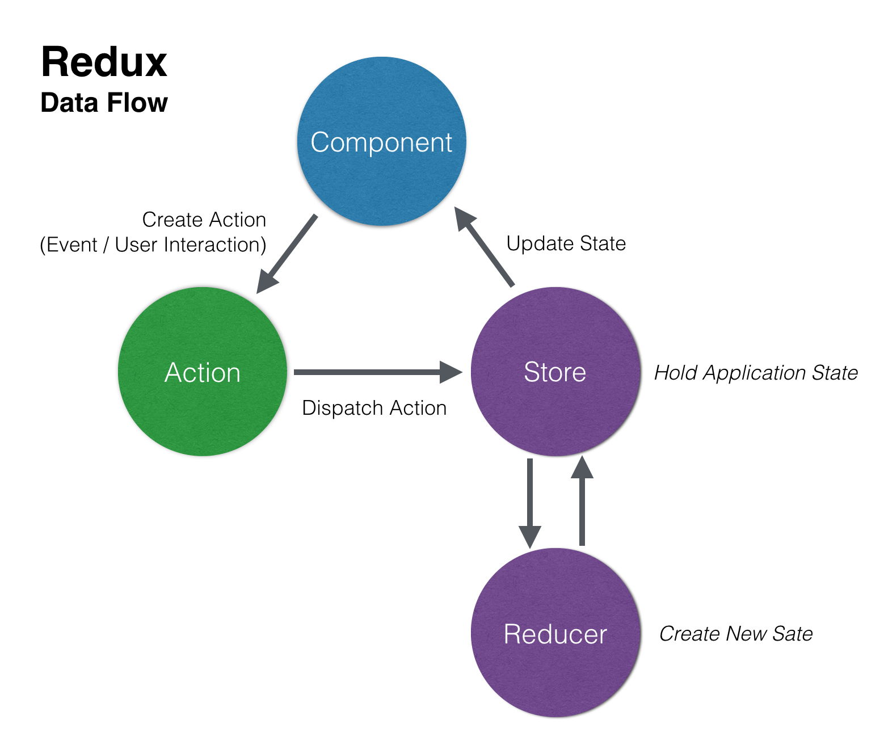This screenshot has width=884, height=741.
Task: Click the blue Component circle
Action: click(x=381, y=141)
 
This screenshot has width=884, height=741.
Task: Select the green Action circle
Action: click(x=203, y=372)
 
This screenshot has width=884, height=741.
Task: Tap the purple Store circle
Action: click(x=555, y=372)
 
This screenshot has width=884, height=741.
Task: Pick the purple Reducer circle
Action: click(x=555, y=633)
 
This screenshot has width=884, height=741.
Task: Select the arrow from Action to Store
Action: click(x=374, y=372)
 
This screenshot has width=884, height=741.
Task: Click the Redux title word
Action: click(x=104, y=62)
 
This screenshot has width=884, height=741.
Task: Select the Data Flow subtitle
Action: click(x=104, y=103)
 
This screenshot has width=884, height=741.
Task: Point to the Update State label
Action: click(x=566, y=243)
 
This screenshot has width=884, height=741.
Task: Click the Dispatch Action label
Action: click(x=374, y=408)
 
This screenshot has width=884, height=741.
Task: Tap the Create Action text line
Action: click(x=204, y=220)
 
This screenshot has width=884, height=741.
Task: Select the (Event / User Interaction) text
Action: click(x=153, y=245)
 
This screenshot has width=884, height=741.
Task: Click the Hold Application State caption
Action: click(x=755, y=373)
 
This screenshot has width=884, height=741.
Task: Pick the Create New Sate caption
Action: click(x=735, y=634)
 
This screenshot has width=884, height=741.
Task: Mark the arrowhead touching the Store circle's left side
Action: click(x=451, y=372)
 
